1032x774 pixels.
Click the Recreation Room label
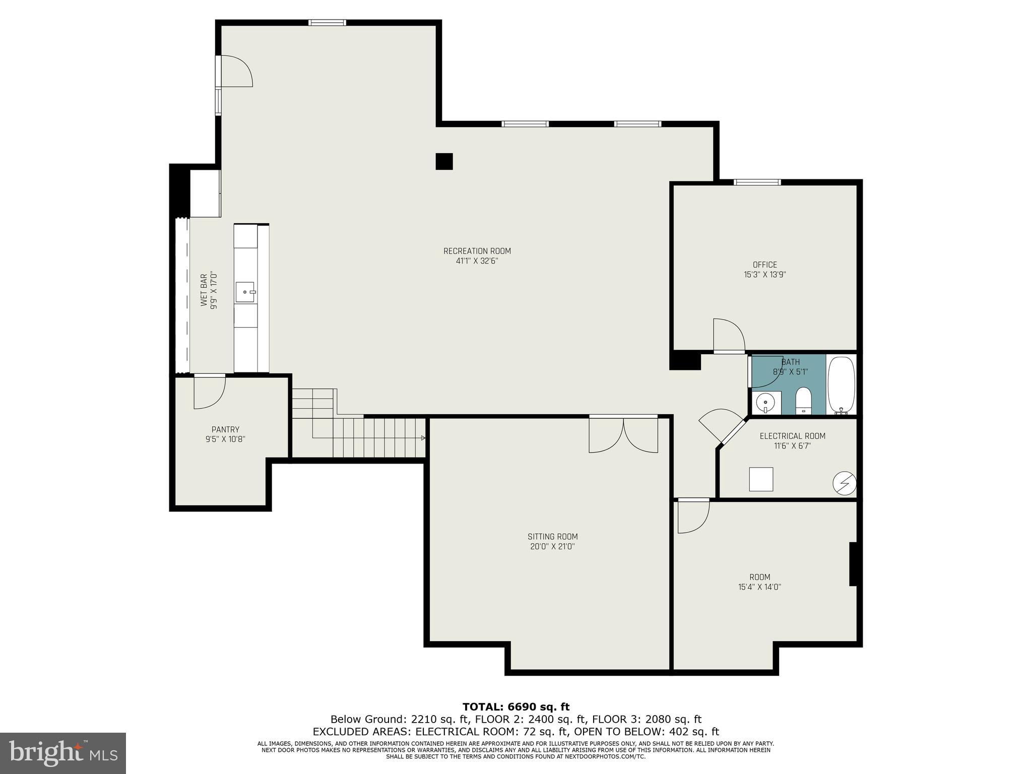click(477, 251)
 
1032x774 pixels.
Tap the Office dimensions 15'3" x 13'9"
click(765, 275)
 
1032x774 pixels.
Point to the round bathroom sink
click(765, 403)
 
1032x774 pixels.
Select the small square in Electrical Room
click(761, 479)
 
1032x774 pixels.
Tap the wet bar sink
click(245, 292)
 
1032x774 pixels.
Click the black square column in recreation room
click(444, 161)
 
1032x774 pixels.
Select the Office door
click(729, 335)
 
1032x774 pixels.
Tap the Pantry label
click(225, 429)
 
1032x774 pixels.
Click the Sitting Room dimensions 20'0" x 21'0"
click(553, 546)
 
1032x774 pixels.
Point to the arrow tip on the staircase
click(423, 438)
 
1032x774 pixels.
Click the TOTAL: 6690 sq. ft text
click(516, 706)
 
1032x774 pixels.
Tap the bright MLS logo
click(63, 753)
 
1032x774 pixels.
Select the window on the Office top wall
click(757, 182)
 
